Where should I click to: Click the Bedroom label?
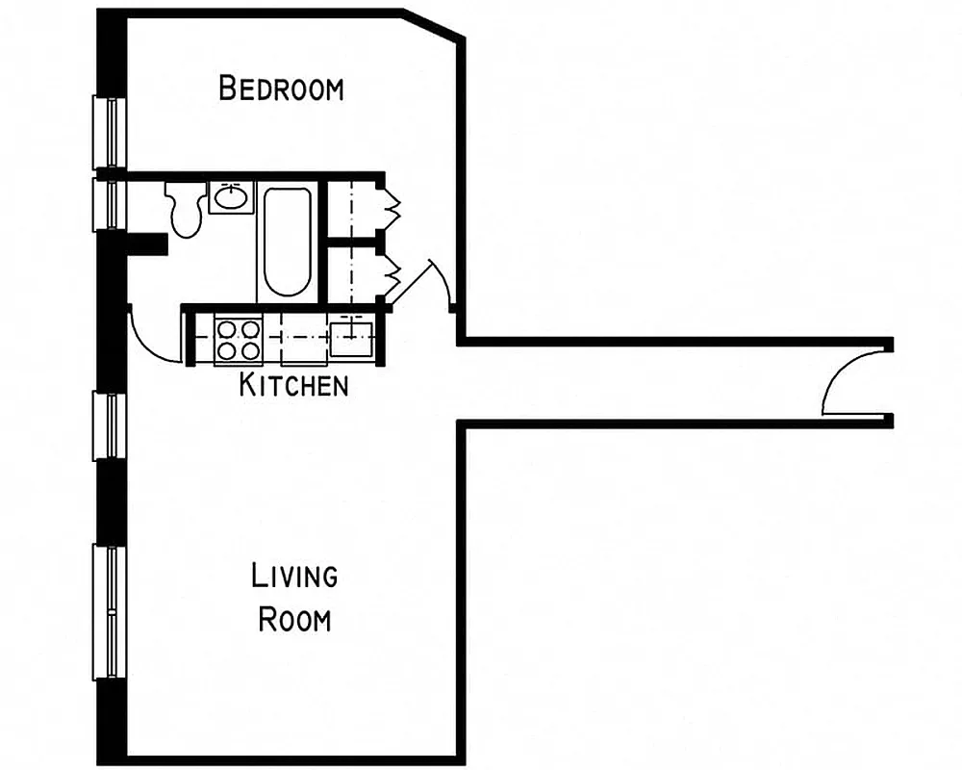[x=281, y=89]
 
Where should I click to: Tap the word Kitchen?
[x=293, y=386]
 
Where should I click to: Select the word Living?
[x=294, y=577]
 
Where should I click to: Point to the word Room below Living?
[x=294, y=619]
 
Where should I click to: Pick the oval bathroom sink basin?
[x=229, y=198]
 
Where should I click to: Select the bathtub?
[x=287, y=241]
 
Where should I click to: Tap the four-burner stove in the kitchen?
[x=238, y=339]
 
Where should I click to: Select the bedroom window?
[x=109, y=132]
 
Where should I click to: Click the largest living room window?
[x=109, y=612]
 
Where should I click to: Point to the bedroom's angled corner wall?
[x=434, y=24]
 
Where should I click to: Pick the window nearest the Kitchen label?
[x=109, y=425]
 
